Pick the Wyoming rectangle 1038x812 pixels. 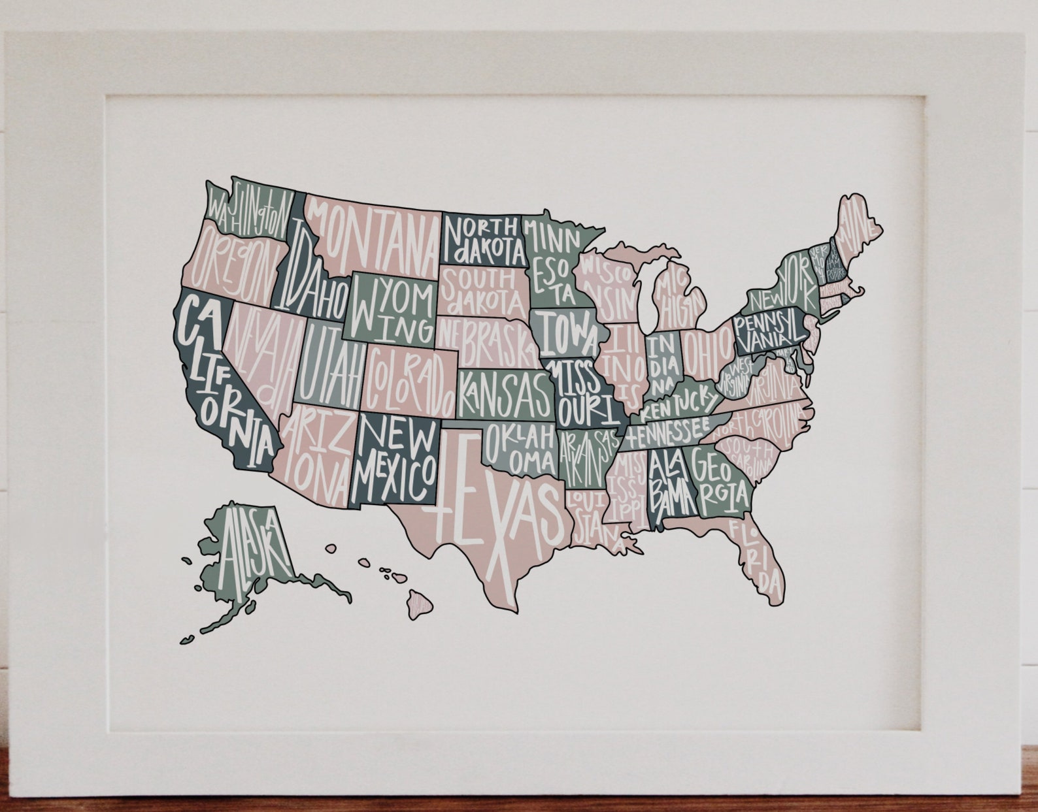[x=392, y=307]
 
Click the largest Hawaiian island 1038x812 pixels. [x=420, y=604]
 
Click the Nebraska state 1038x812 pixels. [x=487, y=340]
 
